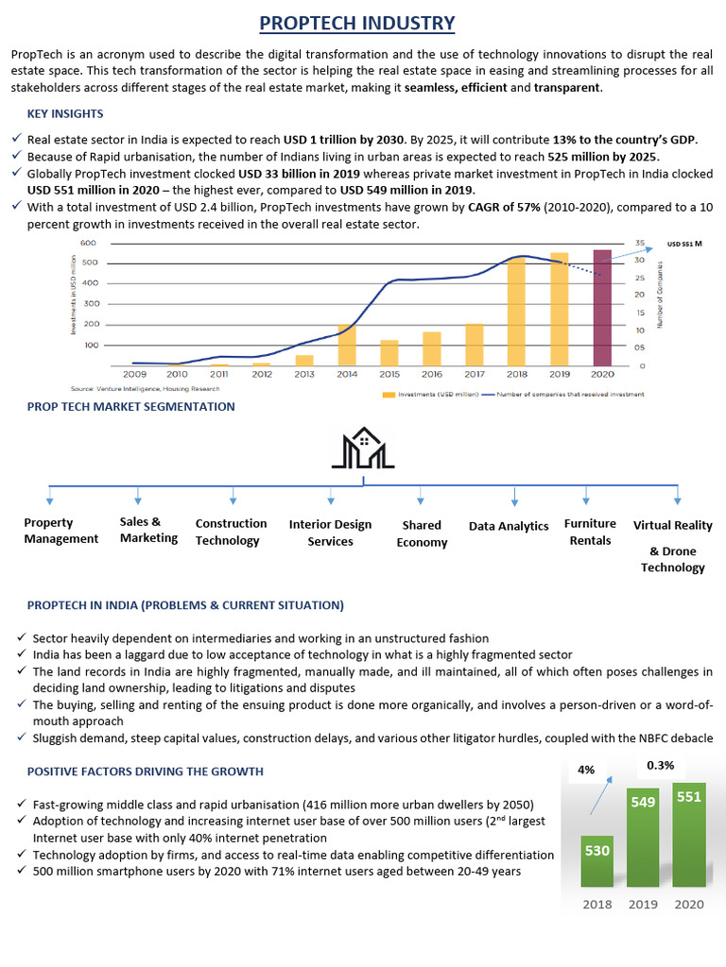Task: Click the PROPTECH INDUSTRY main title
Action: coord(357,23)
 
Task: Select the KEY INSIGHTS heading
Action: coord(65,114)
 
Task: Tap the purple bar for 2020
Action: coord(602,308)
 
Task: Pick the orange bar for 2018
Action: coord(516,312)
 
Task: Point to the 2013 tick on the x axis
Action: coord(303,374)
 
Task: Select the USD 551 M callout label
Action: coord(685,244)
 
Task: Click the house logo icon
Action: coord(363,449)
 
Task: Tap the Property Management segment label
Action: coord(60,531)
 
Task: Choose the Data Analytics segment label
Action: coord(509,526)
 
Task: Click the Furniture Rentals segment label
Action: coord(590,532)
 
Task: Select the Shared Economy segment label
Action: coord(422,534)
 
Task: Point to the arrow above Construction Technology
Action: coord(233,496)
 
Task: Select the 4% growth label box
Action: coord(586,770)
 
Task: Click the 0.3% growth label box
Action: coord(660,765)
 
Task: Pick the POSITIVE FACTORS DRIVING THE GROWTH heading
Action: coord(146,772)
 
